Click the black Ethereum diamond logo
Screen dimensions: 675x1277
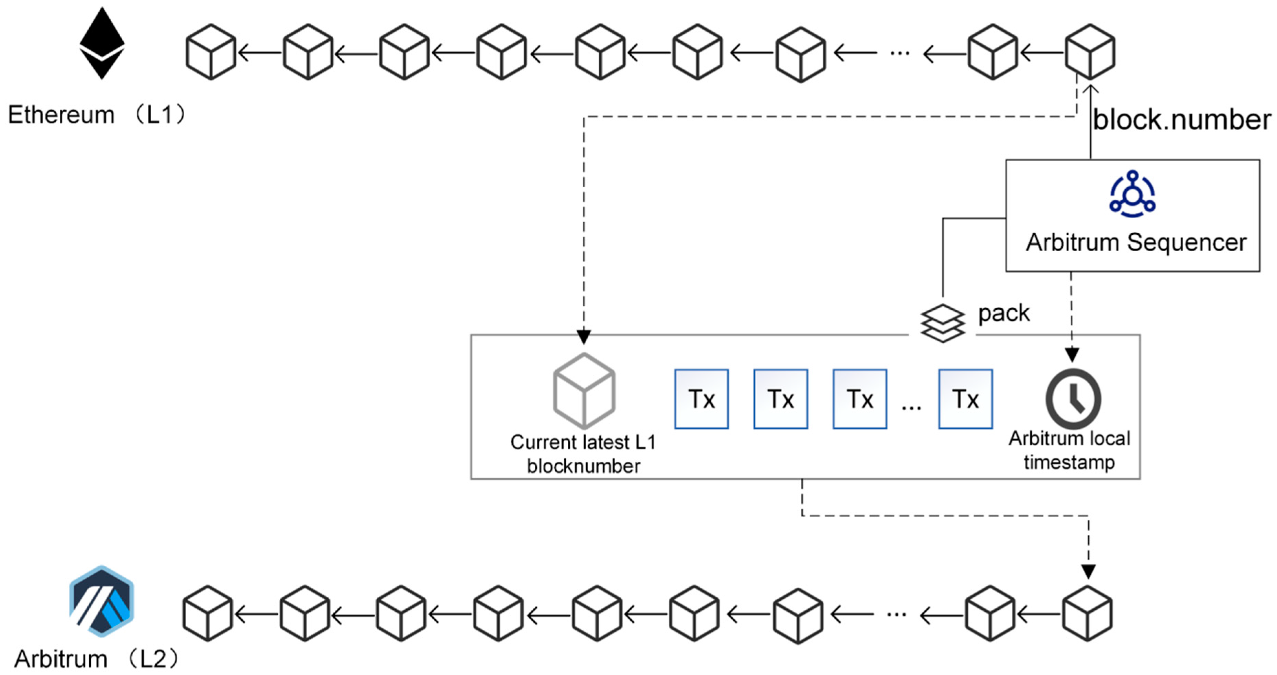pyautogui.click(x=102, y=43)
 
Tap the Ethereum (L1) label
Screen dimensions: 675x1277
pyautogui.click(x=97, y=115)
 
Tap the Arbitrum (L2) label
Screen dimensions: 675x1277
pyautogui.click(x=96, y=659)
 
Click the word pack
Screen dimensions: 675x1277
pyautogui.click(x=1003, y=313)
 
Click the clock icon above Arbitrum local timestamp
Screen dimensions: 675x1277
pyautogui.click(x=1073, y=399)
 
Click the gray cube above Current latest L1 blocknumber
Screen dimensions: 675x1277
pyautogui.click(x=584, y=391)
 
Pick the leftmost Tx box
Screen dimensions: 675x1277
pyautogui.click(x=701, y=399)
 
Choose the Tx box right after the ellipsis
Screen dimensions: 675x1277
pyautogui.click(x=965, y=399)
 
